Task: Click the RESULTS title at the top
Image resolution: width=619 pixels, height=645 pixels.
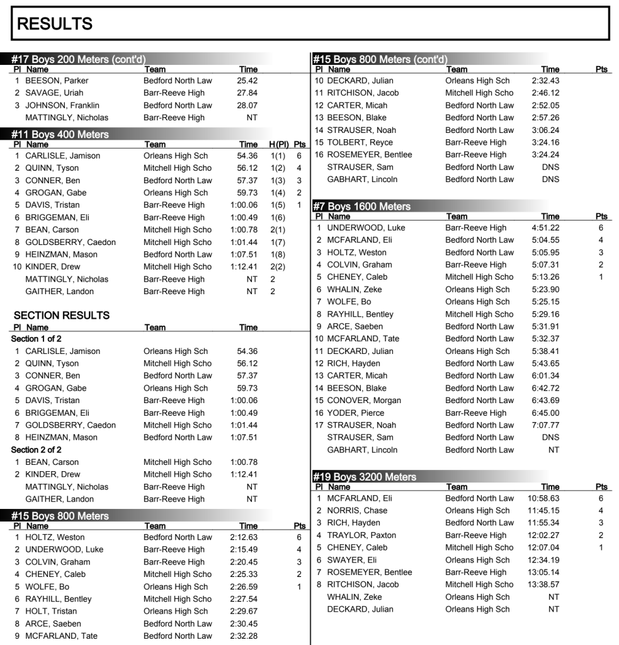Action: point(55,24)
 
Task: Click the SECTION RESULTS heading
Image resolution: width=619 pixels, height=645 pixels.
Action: point(62,316)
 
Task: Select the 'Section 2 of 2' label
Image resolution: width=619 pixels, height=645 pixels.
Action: point(37,450)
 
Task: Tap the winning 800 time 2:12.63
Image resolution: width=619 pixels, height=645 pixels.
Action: point(244,537)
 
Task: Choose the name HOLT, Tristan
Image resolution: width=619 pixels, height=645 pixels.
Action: point(51,612)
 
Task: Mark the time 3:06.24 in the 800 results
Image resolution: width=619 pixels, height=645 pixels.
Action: point(545,130)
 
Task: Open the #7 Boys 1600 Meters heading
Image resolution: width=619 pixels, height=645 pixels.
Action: point(362,206)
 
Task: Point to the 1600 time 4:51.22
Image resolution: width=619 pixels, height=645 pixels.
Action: point(545,228)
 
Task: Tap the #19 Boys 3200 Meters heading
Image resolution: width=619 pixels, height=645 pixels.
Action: point(365,477)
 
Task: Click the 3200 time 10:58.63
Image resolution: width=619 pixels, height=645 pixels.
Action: point(543,498)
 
